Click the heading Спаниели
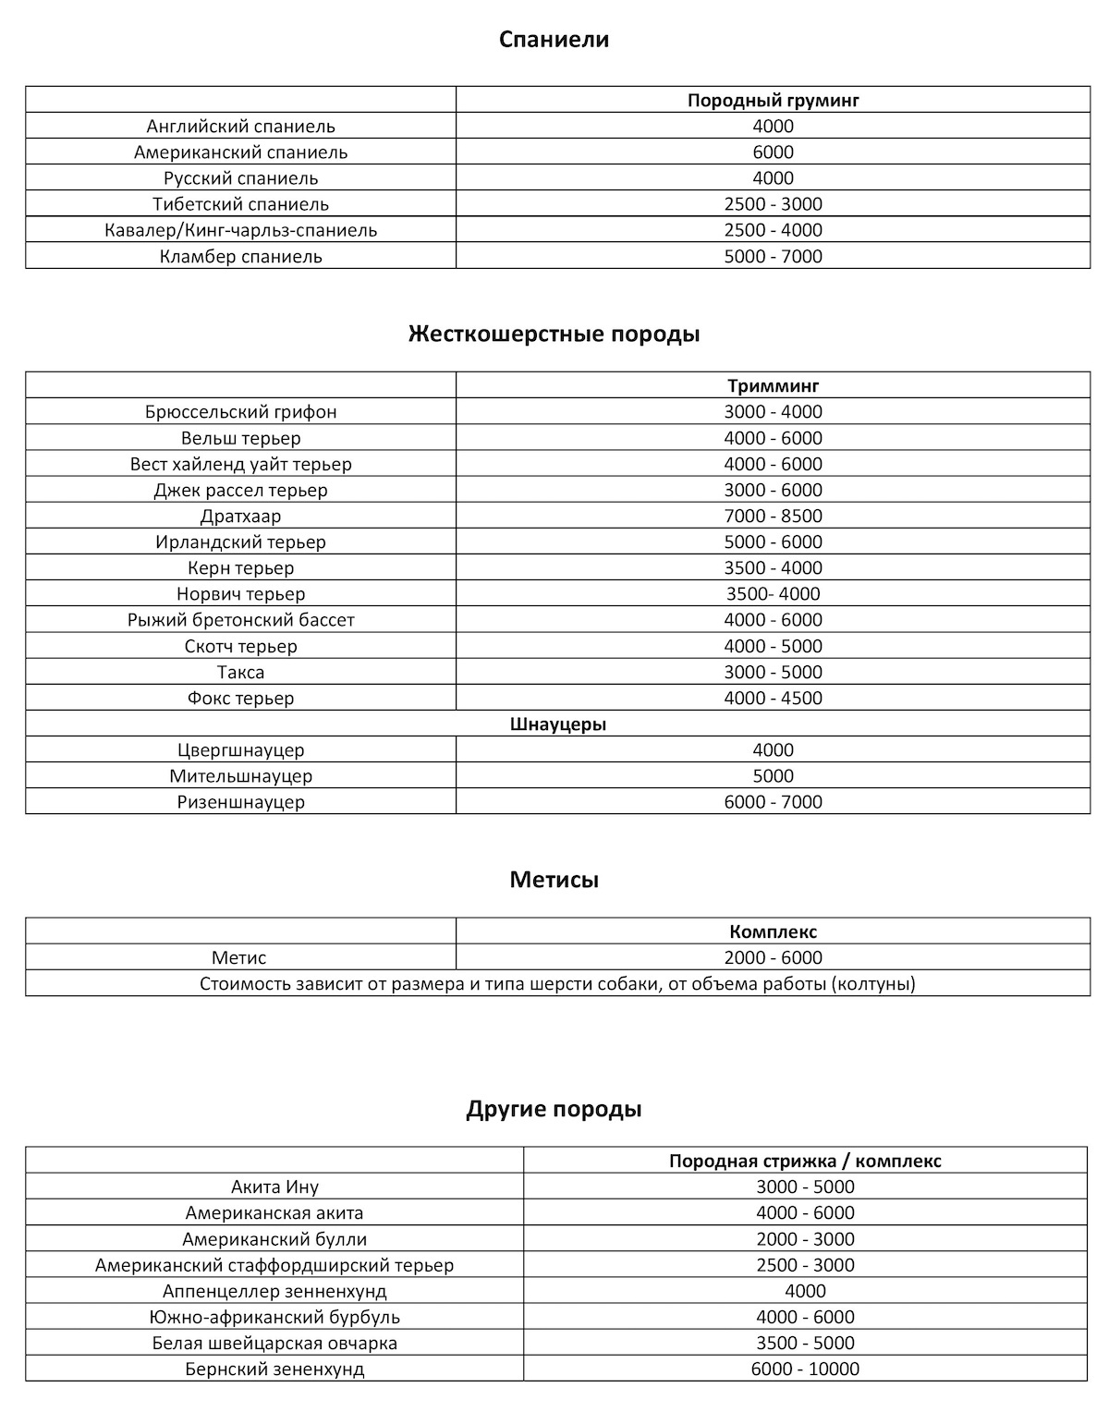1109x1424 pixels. click(554, 40)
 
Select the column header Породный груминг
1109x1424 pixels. click(773, 100)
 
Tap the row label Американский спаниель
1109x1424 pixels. click(240, 152)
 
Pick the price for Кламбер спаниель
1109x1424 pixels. click(773, 256)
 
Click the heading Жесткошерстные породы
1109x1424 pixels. click(554, 334)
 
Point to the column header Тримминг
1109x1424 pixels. click(773, 386)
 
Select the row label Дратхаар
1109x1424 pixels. click(240, 516)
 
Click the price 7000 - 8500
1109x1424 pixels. click(773, 516)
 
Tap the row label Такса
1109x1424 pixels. click(240, 672)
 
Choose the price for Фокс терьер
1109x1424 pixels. click(773, 698)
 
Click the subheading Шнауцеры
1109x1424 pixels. click(557, 724)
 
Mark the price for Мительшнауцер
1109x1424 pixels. click(773, 776)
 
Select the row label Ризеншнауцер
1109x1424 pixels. click(240, 802)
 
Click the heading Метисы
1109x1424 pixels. click(554, 880)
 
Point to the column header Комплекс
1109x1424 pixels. click(773, 931)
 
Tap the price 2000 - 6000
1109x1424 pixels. click(773, 957)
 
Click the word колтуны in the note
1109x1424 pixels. click(872, 983)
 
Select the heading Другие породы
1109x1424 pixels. click(554, 1109)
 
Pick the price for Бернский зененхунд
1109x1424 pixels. click(805, 1369)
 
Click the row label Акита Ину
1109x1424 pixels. click(274, 1187)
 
